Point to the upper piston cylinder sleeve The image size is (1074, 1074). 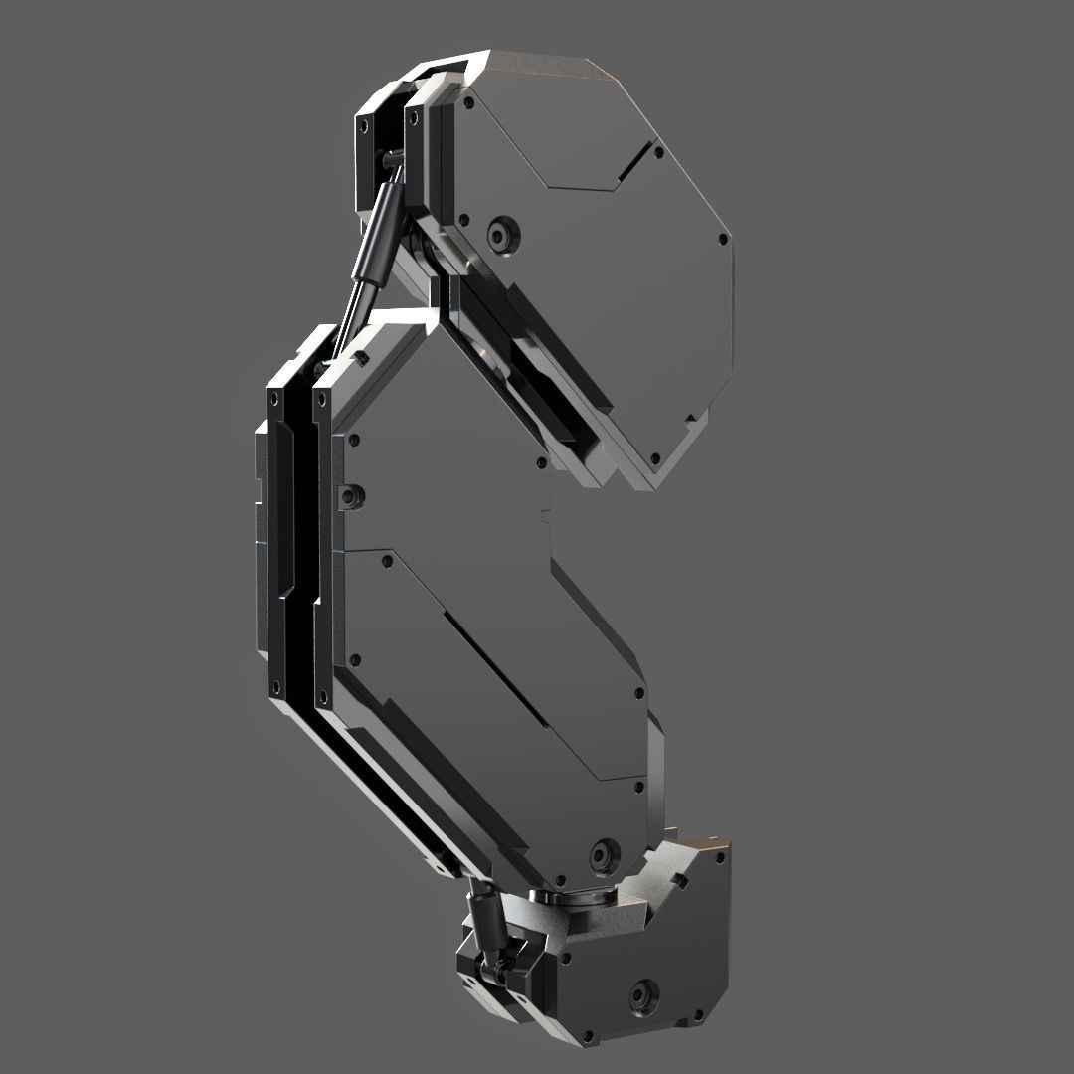379,234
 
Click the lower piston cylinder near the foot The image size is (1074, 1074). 486,921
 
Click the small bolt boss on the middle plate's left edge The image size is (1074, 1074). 349,493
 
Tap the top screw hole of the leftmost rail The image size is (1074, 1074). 271,397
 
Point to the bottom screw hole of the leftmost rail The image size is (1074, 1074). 271,682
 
